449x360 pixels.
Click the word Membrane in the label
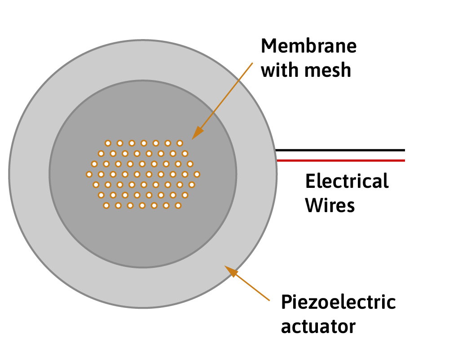(x=308, y=47)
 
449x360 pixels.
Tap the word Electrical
(x=347, y=182)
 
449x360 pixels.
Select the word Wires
(x=330, y=205)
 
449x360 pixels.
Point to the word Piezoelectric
(x=339, y=302)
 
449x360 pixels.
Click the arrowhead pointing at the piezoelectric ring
(x=229, y=270)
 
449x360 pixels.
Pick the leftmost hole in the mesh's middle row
(x=89, y=174)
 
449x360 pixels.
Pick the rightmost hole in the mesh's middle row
(x=197, y=174)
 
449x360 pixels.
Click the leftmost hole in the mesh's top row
(x=108, y=143)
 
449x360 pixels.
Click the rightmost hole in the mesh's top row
(x=180, y=143)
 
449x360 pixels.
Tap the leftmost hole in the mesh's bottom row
(x=106, y=205)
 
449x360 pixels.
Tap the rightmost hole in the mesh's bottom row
(x=178, y=205)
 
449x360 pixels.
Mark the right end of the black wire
(x=404, y=150)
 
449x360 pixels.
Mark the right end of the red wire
(x=404, y=160)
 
